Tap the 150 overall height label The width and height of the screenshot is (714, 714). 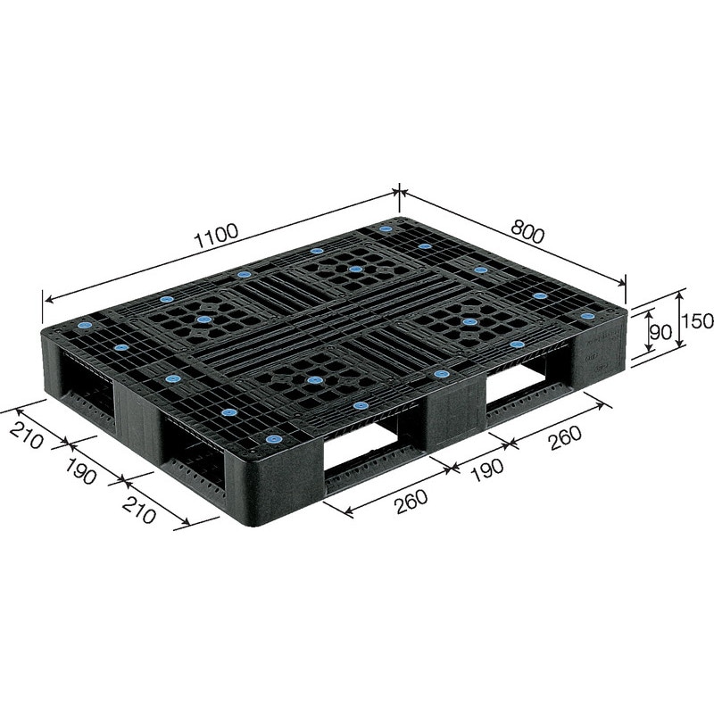point(699,320)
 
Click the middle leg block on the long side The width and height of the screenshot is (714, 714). point(455,415)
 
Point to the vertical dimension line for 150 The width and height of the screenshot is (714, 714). point(682,319)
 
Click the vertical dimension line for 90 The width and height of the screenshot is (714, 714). point(641,336)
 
